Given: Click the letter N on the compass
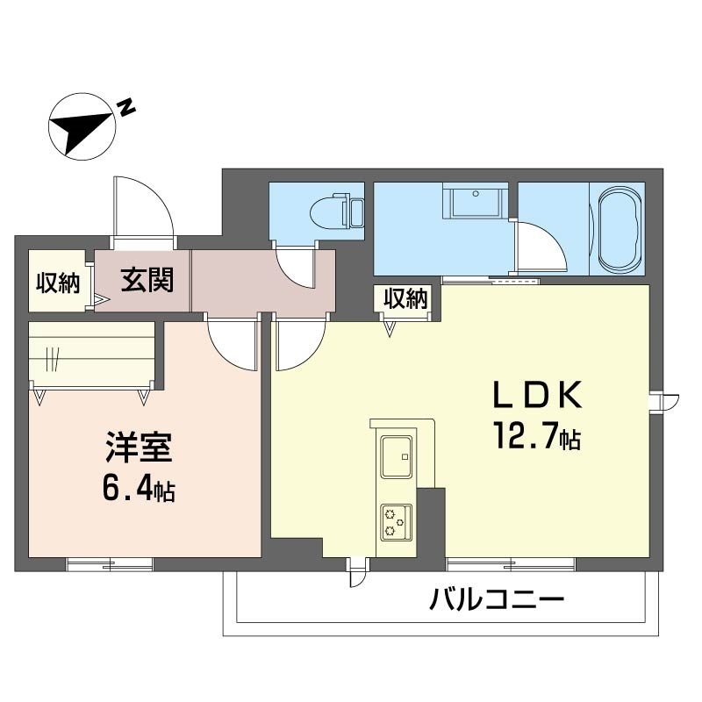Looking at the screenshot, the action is pyautogui.click(x=125, y=107).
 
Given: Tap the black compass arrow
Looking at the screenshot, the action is pyautogui.click(x=82, y=130).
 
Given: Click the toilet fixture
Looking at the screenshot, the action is pyautogui.click(x=337, y=211).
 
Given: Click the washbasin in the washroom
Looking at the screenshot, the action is pyautogui.click(x=475, y=201).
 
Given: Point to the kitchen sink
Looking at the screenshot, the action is pyautogui.click(x=397, y=456).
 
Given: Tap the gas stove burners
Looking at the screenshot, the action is pyautogui.click(x=397, y=522).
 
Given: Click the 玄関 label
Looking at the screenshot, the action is pyautogui.click(x=147, y=280).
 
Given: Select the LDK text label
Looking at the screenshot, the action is pyautogui.click(x=537, y=395).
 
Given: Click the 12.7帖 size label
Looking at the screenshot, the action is pyautogui.click(x=537, y=436).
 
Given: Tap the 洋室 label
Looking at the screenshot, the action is pyautogui.click(x=139, y=448).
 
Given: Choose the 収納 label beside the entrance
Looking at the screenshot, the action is pyautogui.click(x=58, y=283).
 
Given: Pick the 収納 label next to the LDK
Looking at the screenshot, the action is pyautogui.click(x=405, y=298).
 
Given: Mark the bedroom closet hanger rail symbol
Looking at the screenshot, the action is pyautogui.click(x=53, y=359).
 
